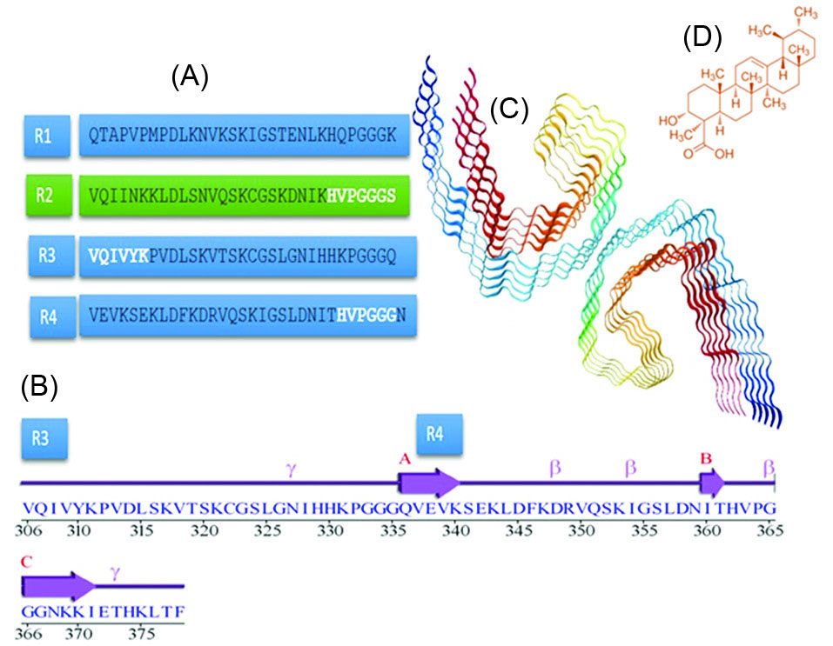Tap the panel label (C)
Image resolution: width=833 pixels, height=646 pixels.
point(509,109)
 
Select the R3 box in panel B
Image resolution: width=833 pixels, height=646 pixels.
point(44,439)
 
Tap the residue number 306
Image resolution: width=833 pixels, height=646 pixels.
point(29,528)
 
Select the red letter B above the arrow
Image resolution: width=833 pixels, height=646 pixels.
point(708,456)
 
